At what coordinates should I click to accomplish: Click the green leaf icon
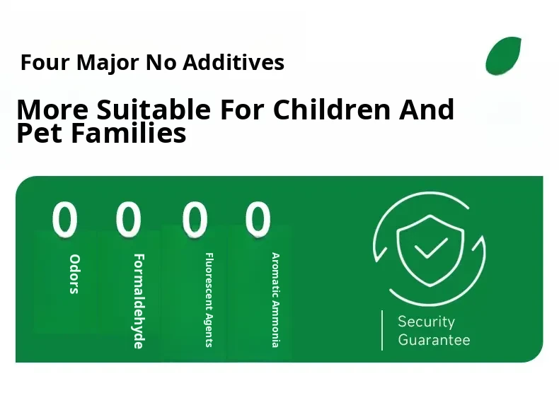click(x=503, y=56)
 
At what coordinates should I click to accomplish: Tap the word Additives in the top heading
click(x=234, y=62)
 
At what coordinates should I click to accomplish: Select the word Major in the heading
click(x=108, y=64)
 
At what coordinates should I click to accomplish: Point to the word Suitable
click(x=154, y=109)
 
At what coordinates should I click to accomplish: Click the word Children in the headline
click(x=332, y=109)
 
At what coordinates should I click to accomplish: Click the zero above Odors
click(x=65, y=218)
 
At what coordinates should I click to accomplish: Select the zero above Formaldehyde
click(x=128, y=218)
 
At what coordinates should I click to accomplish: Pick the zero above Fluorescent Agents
click(x=195, y=218)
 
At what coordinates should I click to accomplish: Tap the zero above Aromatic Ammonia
click(x=258, y=218)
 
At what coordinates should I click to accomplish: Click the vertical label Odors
click(x=74, y=274)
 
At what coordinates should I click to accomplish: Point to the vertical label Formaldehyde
click(x=139, y=301)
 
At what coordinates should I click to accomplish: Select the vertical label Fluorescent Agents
click(x=209, y=300)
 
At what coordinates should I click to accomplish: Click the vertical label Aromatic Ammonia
click(x=275, y=300)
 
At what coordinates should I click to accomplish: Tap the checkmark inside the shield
click(x=431, y=247)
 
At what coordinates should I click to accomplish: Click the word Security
click(x=427, y=322)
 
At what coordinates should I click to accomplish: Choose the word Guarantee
click(x=434, y=339)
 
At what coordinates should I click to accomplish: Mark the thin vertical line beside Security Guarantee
click(x=382, y=330)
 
